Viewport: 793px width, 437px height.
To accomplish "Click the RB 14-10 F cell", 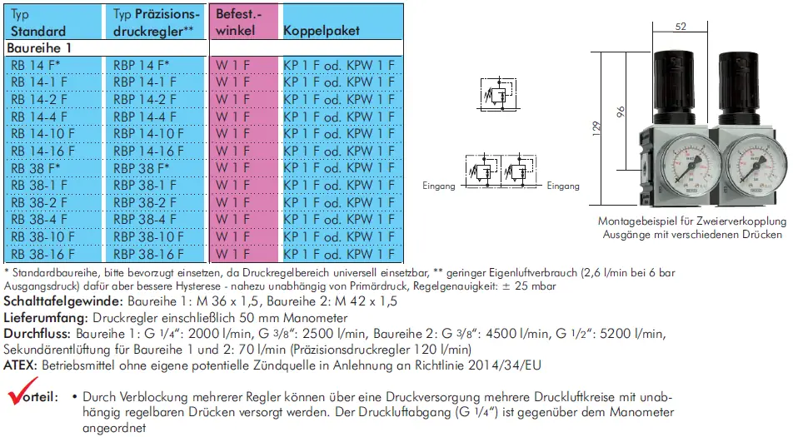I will [x=43, y=133].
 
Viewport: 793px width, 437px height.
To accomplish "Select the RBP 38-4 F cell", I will [x=144, y=220].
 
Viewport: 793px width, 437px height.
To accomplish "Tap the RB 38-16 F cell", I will [x=43, y=254].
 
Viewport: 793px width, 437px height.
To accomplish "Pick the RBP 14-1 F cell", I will [x=144, y=82].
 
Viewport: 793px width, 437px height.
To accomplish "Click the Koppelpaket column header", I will [x=322, y=31].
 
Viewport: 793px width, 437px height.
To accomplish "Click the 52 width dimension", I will [x=680, y=27].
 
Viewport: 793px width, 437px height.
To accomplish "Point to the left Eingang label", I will [x=438, y=186].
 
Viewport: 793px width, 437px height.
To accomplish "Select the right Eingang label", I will [x=562, y=186].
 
